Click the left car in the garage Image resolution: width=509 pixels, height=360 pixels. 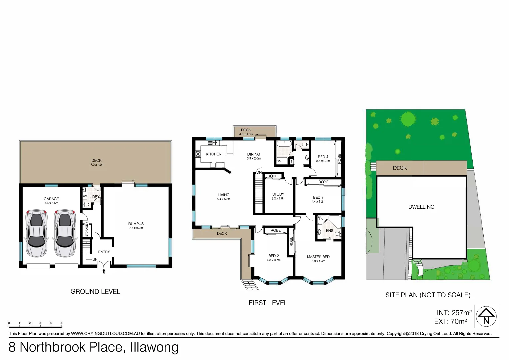point(37,233)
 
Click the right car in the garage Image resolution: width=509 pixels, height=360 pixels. point(65,233)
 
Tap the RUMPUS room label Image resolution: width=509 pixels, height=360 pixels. point(136,224)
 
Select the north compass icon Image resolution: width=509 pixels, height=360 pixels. point(486,316)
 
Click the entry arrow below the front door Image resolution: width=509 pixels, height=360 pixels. point(104,271)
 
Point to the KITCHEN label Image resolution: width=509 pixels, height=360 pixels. point(214,154)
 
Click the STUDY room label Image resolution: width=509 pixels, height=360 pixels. point(278,194)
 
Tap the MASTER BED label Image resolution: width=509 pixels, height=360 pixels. point(318,257)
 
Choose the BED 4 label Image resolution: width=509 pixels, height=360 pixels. point(323,157)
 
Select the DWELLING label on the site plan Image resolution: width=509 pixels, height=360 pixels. point(421,207)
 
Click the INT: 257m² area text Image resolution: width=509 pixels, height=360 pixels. point(454,313)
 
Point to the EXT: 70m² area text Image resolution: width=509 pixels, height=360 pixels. point(451,321)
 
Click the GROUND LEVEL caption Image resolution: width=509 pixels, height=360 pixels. point(95,292)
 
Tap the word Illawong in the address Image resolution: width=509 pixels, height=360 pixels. point(154,347)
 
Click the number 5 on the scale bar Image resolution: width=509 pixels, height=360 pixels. point(61,323)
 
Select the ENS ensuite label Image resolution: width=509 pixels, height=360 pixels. point(329,231)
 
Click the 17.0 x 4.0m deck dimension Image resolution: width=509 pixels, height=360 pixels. point(97,165)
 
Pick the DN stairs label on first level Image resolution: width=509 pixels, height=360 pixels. point(259,172)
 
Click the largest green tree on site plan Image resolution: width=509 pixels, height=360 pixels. point(408,119)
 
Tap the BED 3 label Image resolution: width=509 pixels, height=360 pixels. point(318,197)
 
